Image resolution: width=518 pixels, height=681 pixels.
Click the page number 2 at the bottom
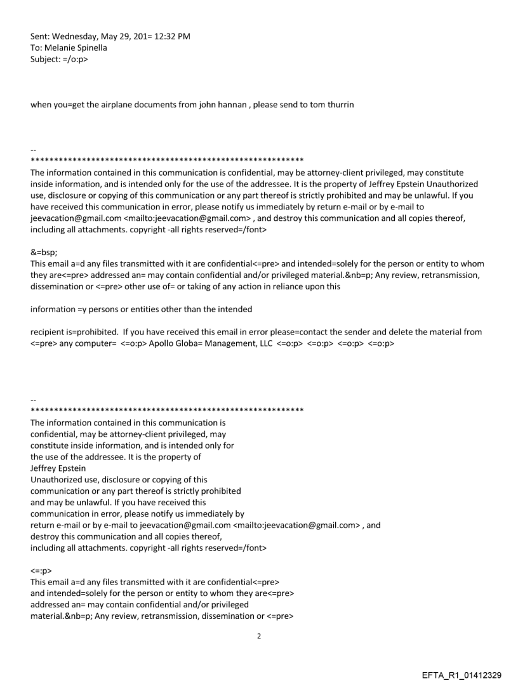[258, 635]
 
